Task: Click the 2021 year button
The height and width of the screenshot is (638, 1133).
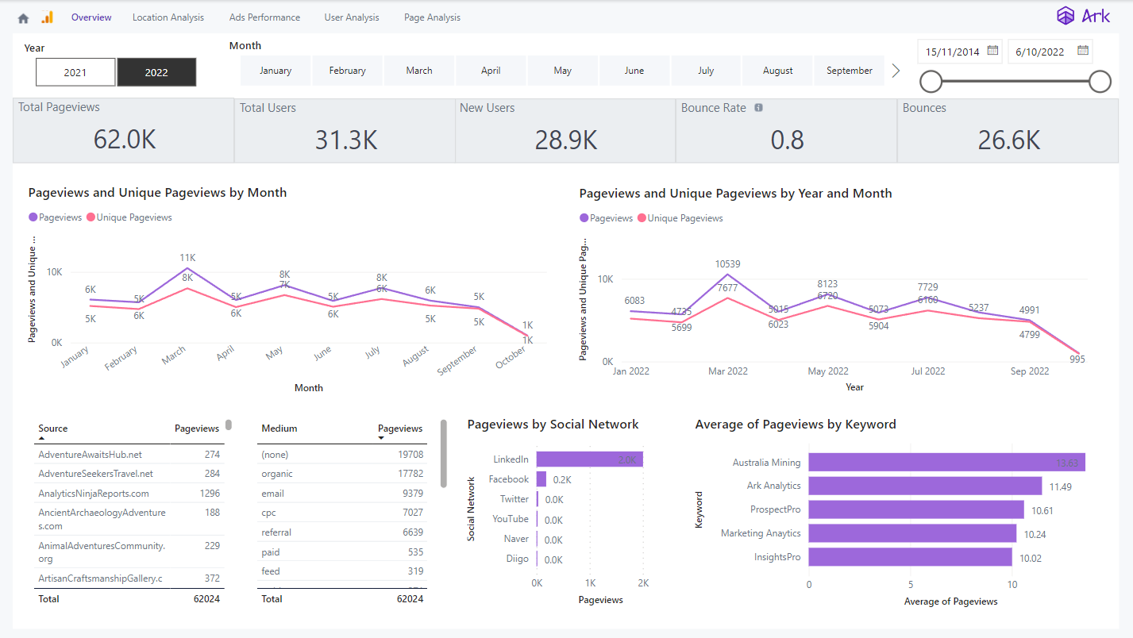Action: click(x=75, y=72)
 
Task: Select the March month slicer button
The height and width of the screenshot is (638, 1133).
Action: click(x=419, y=71)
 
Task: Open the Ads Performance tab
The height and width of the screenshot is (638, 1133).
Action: click(x=264, y=17)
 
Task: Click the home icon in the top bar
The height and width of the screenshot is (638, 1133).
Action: click(x=23, y=18)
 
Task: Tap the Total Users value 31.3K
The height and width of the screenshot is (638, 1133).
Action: click(x=345, y=140)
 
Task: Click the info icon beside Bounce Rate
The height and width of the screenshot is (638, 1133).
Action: click(x=758, y=108)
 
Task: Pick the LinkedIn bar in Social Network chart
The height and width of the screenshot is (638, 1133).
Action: click(x=589, y=459)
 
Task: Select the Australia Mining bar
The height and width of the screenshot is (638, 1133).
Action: click(x=945, y=463)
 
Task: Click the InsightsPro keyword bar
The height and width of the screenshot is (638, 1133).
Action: click(x=910, y=558)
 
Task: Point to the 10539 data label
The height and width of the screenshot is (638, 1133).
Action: click(x=728, y=263)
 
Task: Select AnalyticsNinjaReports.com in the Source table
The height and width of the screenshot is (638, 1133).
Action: click(x=94, y=494)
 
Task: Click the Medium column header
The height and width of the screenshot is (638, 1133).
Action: click(x=279, y=429)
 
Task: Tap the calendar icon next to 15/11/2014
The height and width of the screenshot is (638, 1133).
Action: click(x=992, y=51)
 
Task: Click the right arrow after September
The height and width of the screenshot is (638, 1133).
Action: click(x=896, y=71)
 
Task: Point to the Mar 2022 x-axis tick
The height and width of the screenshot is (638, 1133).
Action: click(x=728, y=371)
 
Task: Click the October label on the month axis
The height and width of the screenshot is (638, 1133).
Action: click(x=511, y=358)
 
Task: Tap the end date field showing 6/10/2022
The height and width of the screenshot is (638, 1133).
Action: click(x=1040, y=52)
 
